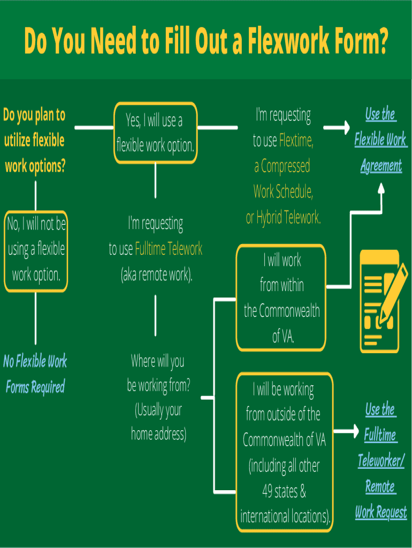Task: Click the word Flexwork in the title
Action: pos(280,42)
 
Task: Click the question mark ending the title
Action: pos(382,42)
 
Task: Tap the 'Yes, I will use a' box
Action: pos(156,133)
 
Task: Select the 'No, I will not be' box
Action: pos(36,250)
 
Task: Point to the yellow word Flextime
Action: pos(296,141)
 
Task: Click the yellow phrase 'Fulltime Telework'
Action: pos(169,249)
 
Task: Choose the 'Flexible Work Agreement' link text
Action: pos(380,140)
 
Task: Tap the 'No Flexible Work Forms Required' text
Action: pos(35,374)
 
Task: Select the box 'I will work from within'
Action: pos(281,298)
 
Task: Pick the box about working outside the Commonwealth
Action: pos(285,452)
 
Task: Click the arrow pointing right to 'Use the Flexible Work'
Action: pos(337,128)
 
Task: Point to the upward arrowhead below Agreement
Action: pos(380,188)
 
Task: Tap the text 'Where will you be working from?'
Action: pos(158,373)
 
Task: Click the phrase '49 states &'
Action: pos(284,491)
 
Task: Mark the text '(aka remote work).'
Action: pos(156,275)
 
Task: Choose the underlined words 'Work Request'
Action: pos(381,512)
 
